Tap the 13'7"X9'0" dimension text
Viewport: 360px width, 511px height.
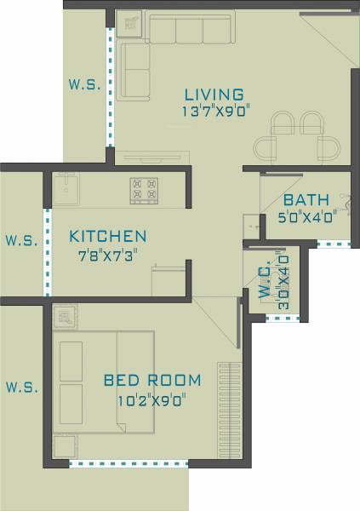[x=214, y=112]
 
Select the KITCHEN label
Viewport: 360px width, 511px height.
[x=108, y=236]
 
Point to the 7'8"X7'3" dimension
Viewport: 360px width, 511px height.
[x=108, y=254]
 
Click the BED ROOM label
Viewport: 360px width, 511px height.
[x=152, y=380]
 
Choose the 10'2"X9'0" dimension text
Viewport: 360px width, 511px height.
[x=152, y=398]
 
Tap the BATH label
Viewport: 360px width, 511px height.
[x=306, y=200]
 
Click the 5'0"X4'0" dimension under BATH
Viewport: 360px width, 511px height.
[x=308, y=216]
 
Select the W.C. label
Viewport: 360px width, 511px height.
[x=265, y=280]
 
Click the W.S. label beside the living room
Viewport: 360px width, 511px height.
[x=85, y=85]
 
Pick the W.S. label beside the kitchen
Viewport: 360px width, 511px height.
[x=21, y=240]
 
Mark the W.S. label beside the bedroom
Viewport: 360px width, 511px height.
[x=21, y=388]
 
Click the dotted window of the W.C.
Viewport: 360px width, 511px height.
[x=284, y=319]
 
